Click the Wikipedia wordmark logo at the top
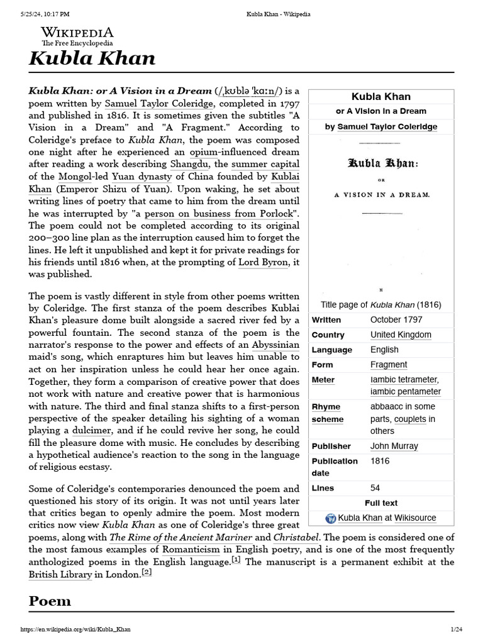click(77, 32)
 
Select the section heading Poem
click(50, 601)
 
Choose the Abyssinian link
click(275, 345)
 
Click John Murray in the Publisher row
click(394, 446)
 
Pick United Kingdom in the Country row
click(401, 335)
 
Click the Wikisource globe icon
click(331, 518)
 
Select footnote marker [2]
click(147, 572)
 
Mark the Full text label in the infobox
click(381, 502)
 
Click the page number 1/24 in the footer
click(456, 629)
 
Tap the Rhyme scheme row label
click(328, 413)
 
